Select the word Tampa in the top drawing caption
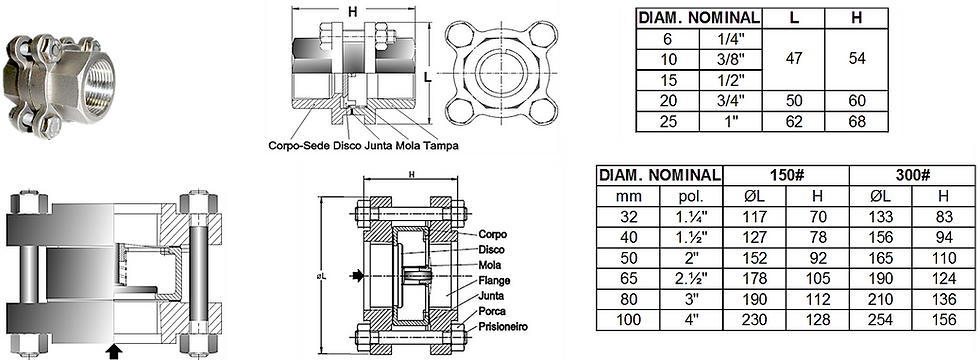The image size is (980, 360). pyautogui.click(x=440, y=144)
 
